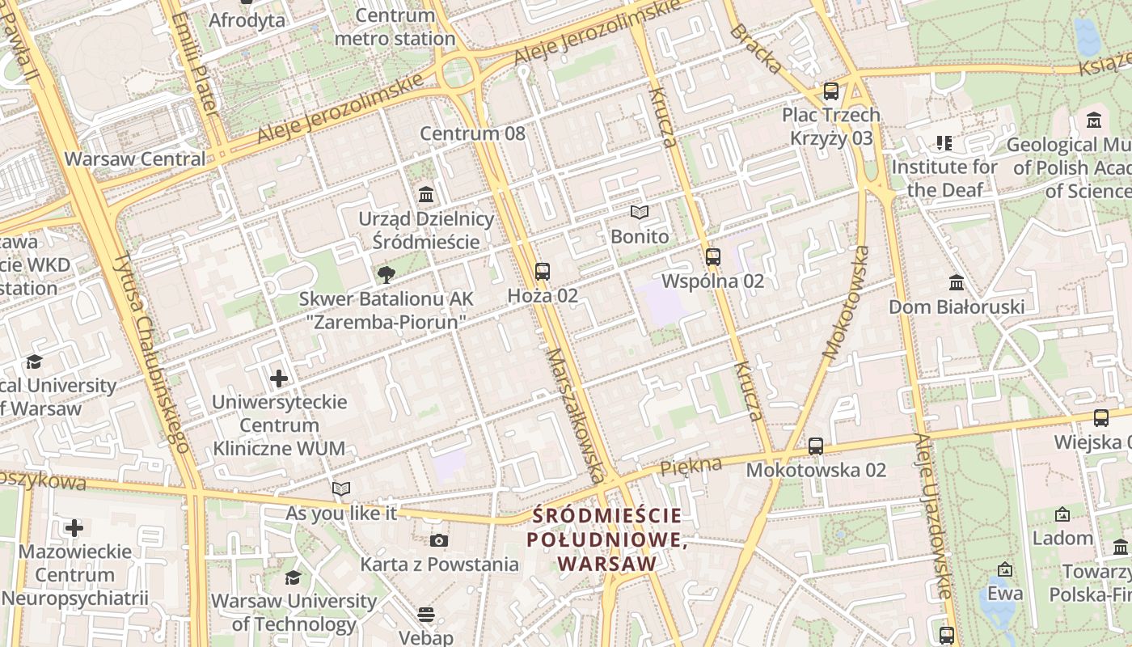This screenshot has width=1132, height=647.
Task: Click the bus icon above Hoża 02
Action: [542, 272]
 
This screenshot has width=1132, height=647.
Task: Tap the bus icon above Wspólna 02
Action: [712, 257]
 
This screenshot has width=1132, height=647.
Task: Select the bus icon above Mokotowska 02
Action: [815, 446]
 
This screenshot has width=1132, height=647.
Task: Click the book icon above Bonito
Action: [640, 212]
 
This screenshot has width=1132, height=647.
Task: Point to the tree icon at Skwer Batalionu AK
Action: [386, 274]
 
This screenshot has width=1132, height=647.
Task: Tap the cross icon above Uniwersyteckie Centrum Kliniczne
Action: [279, 378]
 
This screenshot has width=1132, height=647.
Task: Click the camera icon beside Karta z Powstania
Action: [438, 540]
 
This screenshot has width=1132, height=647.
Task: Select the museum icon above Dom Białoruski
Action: [957, 283]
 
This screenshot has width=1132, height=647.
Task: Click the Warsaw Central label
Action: [135, 159]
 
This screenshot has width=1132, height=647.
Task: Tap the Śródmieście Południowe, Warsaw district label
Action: [606, 539]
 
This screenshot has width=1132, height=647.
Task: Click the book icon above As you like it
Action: [341, 488]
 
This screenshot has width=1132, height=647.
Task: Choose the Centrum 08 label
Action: [472, 133]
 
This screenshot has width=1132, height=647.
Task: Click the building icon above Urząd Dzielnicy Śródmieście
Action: [426, 195]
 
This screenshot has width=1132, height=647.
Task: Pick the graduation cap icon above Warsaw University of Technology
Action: [293, 577]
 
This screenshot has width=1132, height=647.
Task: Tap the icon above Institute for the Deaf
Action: [944, 143]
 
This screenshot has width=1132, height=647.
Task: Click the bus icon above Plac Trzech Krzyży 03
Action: [830, 91]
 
